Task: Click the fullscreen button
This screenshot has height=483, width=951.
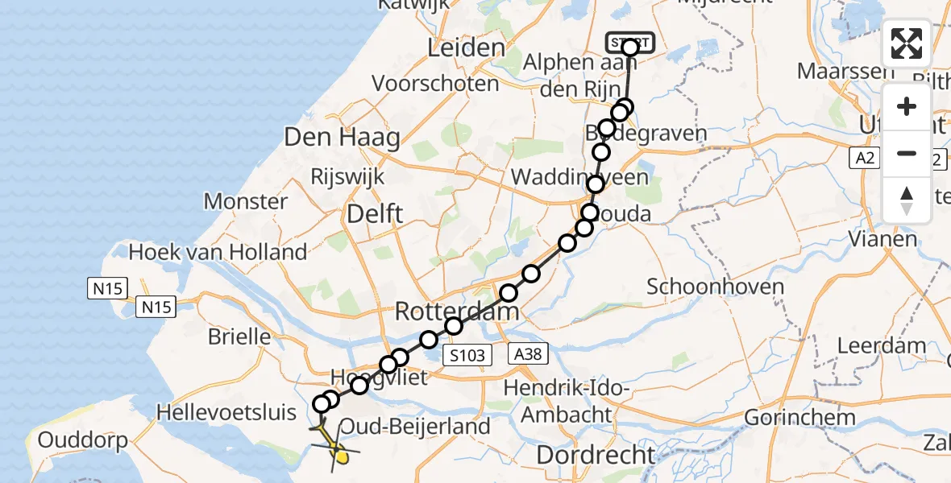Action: [907, 43]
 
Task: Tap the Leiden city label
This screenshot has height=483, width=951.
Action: [467, 48]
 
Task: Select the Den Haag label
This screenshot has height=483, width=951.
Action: [342, 138]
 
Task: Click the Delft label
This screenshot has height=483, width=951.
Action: [375, 213]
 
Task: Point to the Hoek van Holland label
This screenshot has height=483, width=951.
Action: [218, 252]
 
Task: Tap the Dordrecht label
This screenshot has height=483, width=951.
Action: [596, 454]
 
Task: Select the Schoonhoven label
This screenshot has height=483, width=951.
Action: [704, 287]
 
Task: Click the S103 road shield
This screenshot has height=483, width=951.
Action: [467, 355]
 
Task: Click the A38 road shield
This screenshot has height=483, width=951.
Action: [529, 353]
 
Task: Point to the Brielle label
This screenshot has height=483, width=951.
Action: [239, 336]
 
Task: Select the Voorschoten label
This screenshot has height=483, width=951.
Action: [435, 83]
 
